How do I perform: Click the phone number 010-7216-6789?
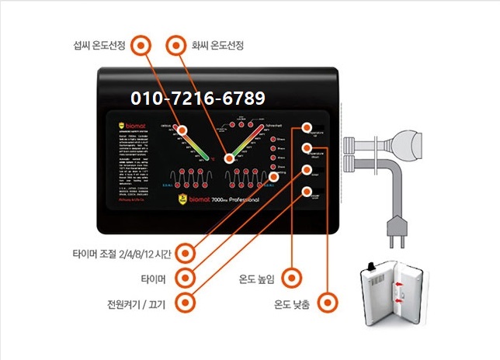[x=199, y=99]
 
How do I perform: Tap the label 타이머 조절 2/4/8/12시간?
[x=119, y=253]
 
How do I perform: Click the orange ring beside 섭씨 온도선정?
[x=141, y=45]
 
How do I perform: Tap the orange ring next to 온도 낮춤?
[x=330, y=301]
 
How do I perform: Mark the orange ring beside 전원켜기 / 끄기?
[x=184, y=301]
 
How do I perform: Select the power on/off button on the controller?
[x=308, y=191]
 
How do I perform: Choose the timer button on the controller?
[x=308, y=169]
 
